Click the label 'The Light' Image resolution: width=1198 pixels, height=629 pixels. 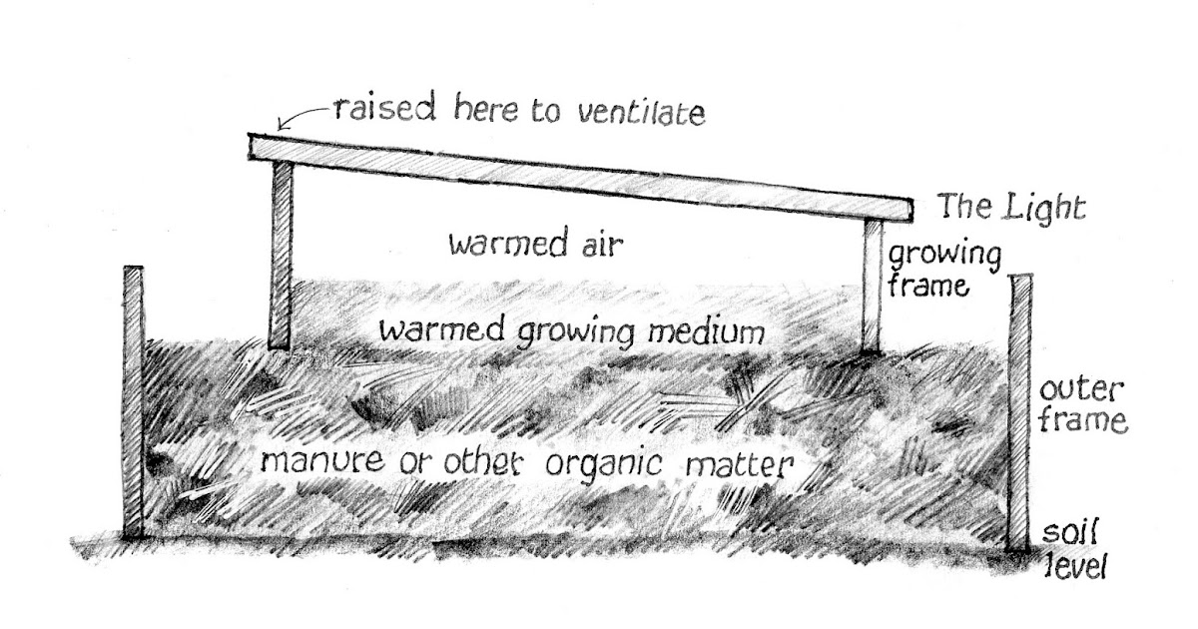pyautogui.click(x=1010, y=209)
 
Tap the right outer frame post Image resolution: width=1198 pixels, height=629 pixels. pyautogui.click(x=1019, y=409)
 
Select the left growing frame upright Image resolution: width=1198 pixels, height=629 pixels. pyautogui.click(x=282, y=255)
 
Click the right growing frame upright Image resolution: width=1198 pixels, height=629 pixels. pyautogui.click(x=872, y=285)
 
